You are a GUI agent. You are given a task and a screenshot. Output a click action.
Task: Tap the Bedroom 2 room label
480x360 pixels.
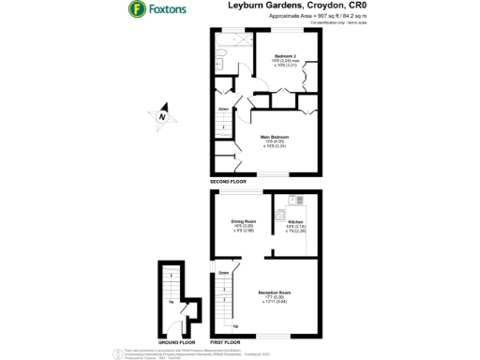[284, 60]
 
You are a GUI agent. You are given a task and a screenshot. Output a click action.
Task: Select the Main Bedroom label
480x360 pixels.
[274, 140]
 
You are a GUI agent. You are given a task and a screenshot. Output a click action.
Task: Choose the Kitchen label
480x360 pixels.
[296, 223]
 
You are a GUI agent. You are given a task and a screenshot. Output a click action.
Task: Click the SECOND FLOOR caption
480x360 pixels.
[228, 181]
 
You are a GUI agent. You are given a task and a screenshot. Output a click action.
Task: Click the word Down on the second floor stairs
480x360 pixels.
[223, 110]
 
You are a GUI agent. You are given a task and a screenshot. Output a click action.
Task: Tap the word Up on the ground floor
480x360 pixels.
[171, 302]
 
